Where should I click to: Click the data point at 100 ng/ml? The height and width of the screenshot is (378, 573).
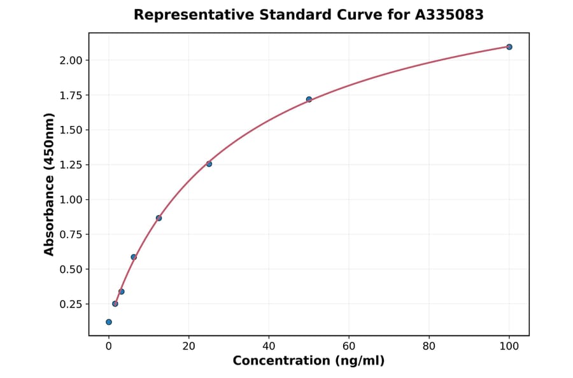[509, 47]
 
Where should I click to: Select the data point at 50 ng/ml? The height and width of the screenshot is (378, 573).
[309, 99]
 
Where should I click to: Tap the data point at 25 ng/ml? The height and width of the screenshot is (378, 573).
[209, 164]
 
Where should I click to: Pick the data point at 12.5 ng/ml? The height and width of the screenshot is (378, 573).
[159, 218]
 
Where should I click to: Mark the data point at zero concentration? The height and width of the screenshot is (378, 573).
[109, 322]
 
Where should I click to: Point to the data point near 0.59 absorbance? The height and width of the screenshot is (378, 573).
[134, 257]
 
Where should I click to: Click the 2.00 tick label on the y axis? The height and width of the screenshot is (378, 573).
[71, 60]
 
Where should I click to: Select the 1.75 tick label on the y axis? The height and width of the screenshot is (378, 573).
[71, 95]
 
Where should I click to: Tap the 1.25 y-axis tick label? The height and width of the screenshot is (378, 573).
[71, 165]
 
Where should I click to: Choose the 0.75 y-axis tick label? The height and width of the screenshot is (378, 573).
[71, 234]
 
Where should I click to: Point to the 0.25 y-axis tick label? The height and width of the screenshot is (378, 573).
[71, 304]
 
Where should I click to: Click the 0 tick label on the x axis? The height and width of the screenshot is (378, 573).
[109, 347]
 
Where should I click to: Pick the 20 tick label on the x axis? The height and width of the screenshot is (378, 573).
[188, 347]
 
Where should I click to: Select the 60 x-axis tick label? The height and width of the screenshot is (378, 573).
[349, 347]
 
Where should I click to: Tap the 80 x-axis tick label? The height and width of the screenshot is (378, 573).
[429, 347]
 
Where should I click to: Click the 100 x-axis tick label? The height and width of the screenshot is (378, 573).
[509, 347]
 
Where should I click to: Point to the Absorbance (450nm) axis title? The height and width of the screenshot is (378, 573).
[50, 184]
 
